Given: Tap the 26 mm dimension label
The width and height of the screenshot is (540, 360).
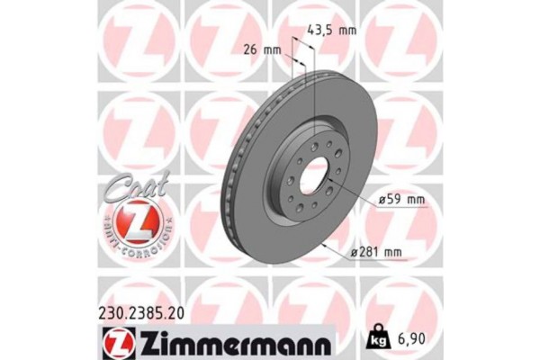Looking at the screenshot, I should (261, 49).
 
